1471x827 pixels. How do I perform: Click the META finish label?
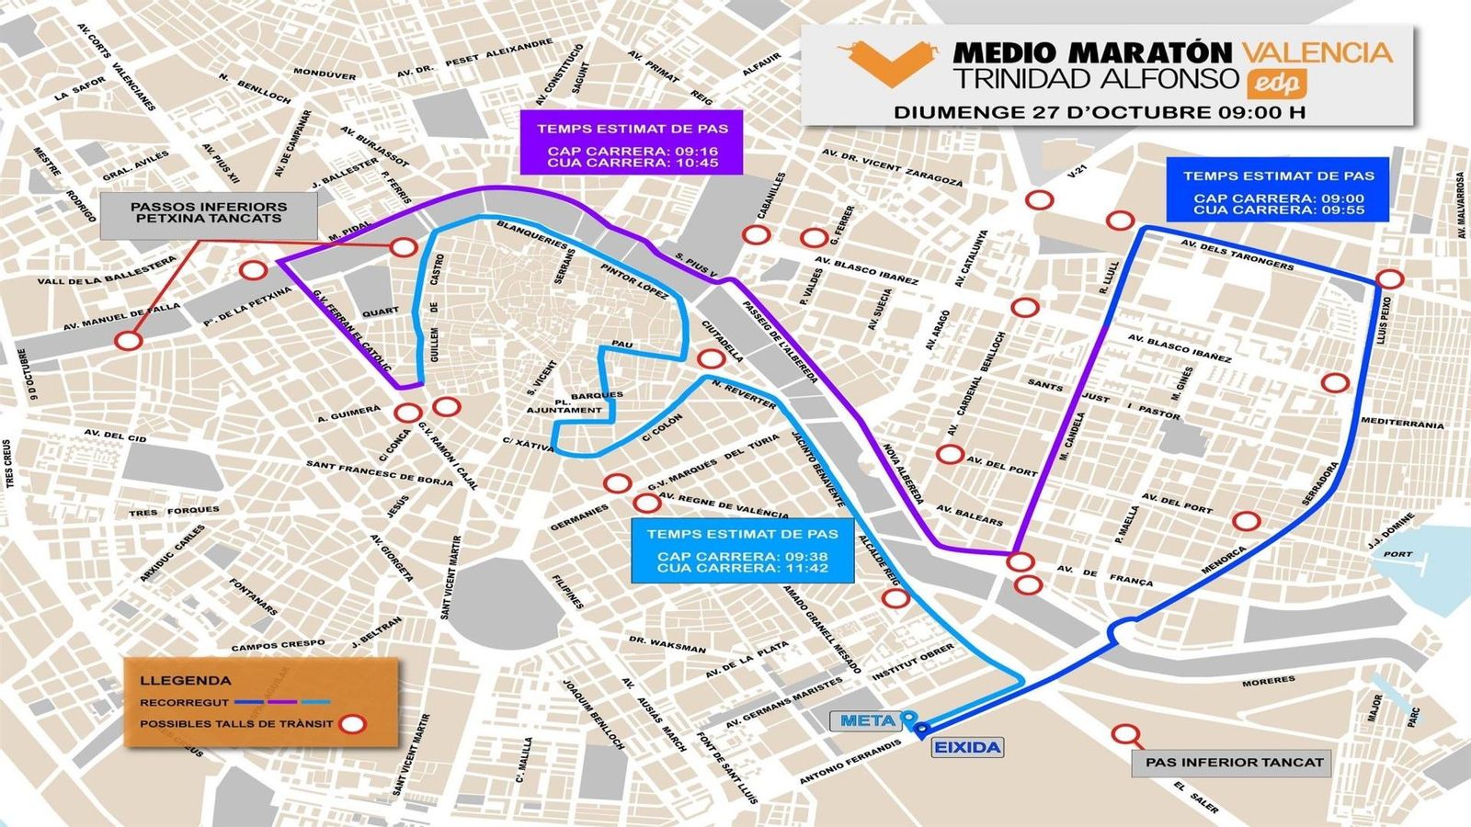tap(866, 721)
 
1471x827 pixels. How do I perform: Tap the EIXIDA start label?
tap(966, 747)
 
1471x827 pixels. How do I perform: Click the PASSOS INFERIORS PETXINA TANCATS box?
tap(209, 213)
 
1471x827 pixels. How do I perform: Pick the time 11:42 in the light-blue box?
tap(804, 568)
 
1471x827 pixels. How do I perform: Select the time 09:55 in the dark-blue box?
tap(1340, 210)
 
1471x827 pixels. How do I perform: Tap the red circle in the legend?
tap(352, 724)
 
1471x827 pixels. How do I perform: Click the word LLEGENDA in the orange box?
tap(186, 681)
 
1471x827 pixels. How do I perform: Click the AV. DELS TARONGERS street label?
tap(1236, 254)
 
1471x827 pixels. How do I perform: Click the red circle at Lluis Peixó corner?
tap(1389, 279)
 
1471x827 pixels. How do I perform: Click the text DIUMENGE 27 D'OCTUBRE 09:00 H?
tap(1099, 113)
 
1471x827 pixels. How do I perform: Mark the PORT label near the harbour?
tap(1397, 554)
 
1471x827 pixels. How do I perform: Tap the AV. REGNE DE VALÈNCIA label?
tap(724, 505)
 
